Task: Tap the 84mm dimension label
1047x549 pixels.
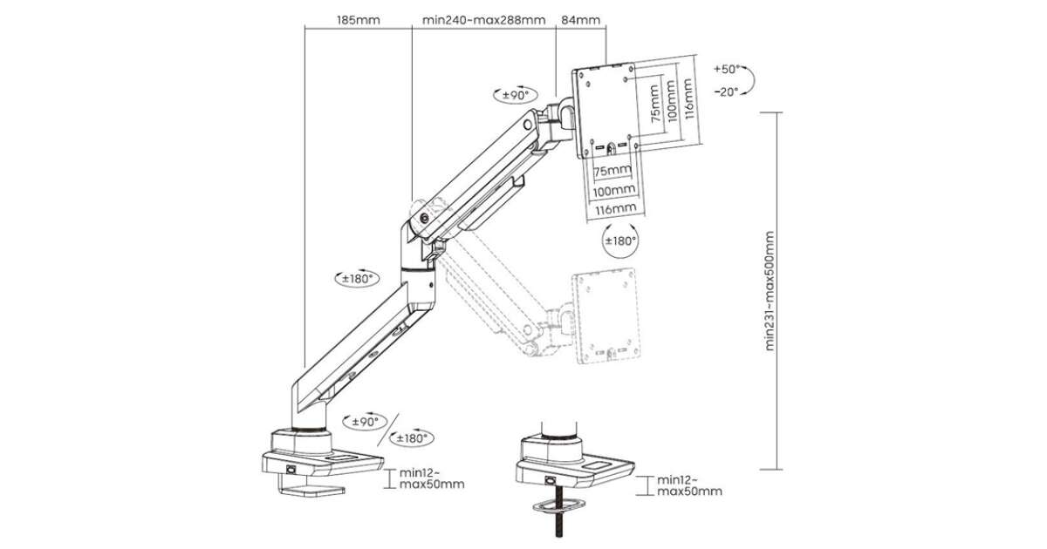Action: click(x=581, y=18)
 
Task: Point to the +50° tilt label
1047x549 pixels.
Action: click(x=726, y=68)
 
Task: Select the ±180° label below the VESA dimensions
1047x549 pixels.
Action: click(x=620, y=240)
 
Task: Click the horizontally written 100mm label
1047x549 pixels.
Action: click(x=613, y=190)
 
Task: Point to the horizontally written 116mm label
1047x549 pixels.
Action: click(x=613, y=209)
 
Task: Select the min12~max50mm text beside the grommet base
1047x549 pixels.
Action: click(x=689, y=485)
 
